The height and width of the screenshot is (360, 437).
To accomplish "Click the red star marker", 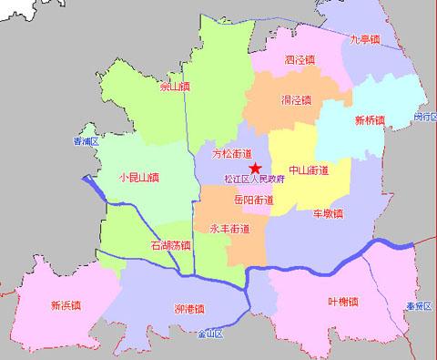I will (256, 168).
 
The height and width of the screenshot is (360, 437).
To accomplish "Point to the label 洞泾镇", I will (296, 99).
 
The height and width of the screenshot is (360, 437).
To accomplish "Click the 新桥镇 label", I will (370, 120).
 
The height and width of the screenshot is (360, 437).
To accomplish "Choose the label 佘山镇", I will (174, 87).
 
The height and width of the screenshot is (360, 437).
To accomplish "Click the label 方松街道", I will (231, 154).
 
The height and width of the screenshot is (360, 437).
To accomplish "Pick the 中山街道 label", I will (308, 170).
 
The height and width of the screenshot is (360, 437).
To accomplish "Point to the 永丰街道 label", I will (229, 228).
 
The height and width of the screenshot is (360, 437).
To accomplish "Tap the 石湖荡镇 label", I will (170, 245).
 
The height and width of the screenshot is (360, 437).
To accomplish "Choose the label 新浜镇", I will (66, 304).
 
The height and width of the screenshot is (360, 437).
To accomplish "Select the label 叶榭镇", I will (343, 301).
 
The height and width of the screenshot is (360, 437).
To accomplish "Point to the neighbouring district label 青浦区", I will (86, 141).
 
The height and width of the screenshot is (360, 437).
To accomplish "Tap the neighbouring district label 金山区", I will (210, 334).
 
